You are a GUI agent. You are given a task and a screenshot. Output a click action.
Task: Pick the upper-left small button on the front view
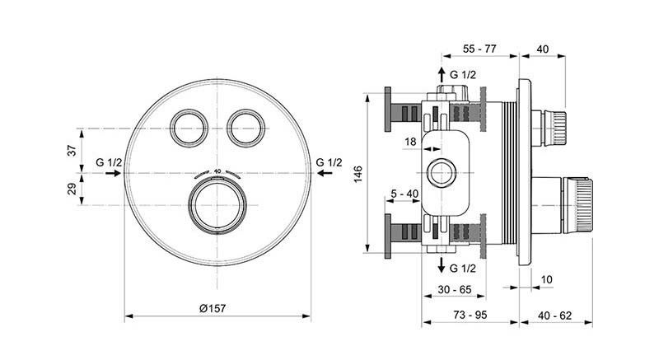pos(188,128)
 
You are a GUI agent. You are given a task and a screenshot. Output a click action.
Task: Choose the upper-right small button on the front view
pos(245,128)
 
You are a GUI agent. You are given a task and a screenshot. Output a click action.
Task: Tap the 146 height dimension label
pos(358,175)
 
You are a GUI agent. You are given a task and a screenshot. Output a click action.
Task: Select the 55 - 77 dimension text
pos(479,49)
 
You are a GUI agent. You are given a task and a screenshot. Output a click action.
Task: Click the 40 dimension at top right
pos(542,49)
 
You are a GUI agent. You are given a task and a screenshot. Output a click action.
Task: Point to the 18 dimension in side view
pos(411,143)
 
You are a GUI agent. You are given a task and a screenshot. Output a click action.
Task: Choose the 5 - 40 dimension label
pos(404,195)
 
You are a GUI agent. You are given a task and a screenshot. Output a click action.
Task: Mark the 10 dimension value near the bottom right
pos(546,280)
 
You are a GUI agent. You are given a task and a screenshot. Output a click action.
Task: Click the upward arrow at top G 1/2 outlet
pos(442,74)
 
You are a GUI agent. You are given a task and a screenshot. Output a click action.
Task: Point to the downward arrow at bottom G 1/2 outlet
pos(442,265)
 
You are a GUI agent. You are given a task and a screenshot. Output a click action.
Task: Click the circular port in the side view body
pos(442,175)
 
